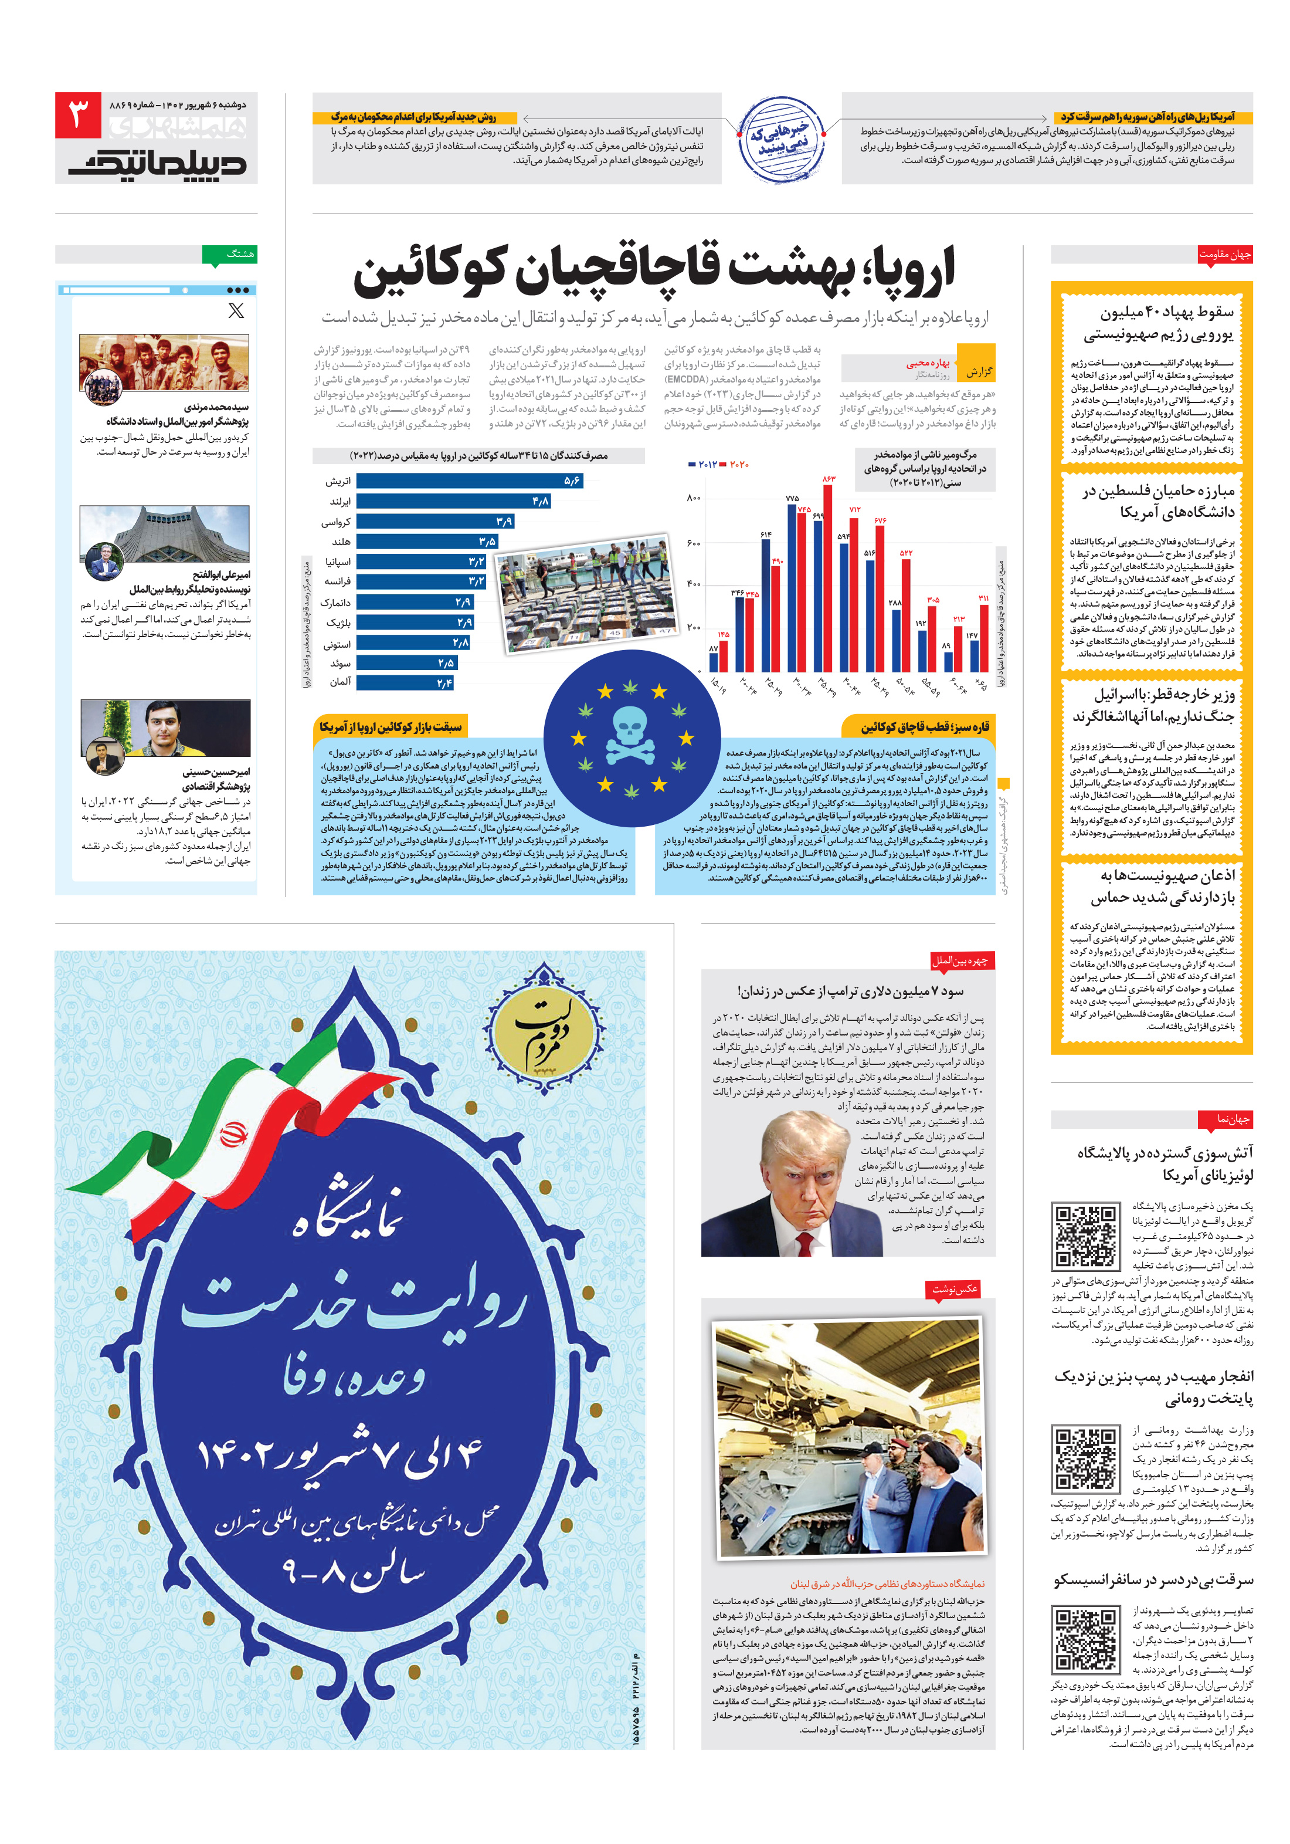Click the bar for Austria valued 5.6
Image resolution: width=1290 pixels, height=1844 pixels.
[x=469, y=481]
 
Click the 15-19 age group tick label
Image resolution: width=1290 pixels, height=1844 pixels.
[x=717, y=685]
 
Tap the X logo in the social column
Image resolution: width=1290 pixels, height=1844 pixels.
[x=235, y=311]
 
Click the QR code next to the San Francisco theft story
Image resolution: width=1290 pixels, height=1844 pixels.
[x=1085, y=1641]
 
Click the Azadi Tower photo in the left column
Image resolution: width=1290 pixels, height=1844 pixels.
[x=165, y=533]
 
